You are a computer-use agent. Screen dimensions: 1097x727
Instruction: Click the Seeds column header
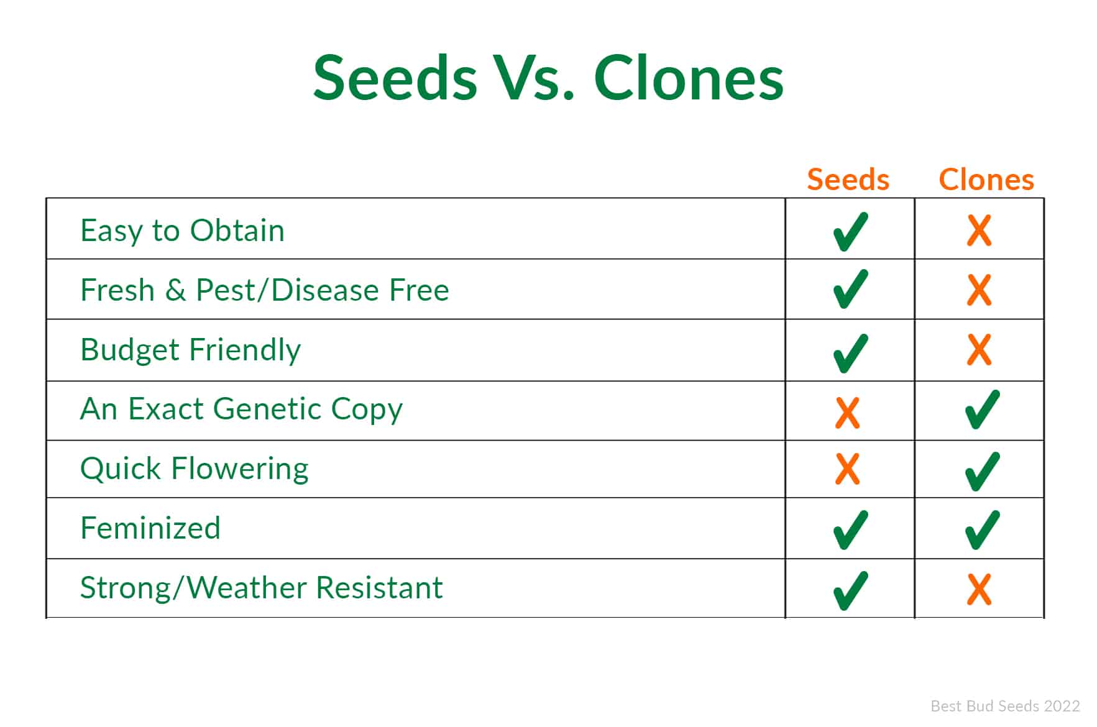(x=848, y=179)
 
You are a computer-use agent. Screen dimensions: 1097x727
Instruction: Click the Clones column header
(x=986, y=179)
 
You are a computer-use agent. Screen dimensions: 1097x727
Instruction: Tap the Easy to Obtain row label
(x=183, y=231)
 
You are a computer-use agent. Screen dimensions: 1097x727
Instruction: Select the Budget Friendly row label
(x=190, y=350)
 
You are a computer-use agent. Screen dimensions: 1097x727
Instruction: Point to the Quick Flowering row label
(x=195, y=469)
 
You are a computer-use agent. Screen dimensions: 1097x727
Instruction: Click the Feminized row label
(x=150, y=528)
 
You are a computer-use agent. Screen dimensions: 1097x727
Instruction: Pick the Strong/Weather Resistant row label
(x=262, y=588)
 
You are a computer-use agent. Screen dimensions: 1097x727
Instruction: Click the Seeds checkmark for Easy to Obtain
(x=850, y=231)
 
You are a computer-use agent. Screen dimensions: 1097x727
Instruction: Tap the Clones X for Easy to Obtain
(x=979, y=231)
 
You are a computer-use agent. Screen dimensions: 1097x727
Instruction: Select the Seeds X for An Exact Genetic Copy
(x=848, y=413)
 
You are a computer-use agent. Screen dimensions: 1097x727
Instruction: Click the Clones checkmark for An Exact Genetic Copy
(x=983, y=409)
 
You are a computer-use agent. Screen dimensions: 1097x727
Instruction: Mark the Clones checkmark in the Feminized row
(x=983, y=530)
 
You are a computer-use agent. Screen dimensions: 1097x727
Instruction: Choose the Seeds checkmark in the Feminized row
(x=850, y=530)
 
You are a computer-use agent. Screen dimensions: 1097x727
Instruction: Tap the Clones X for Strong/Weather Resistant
(x=979, y=590)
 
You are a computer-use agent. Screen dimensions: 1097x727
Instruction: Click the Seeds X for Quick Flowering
(x=848, y=469)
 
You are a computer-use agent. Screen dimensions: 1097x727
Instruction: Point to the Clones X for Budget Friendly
(x=979, y=350)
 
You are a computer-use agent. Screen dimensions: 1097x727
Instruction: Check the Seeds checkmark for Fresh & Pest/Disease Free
(x=850, y=289)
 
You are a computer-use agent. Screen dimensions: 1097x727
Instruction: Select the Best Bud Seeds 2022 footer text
(x=1005, y=706)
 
